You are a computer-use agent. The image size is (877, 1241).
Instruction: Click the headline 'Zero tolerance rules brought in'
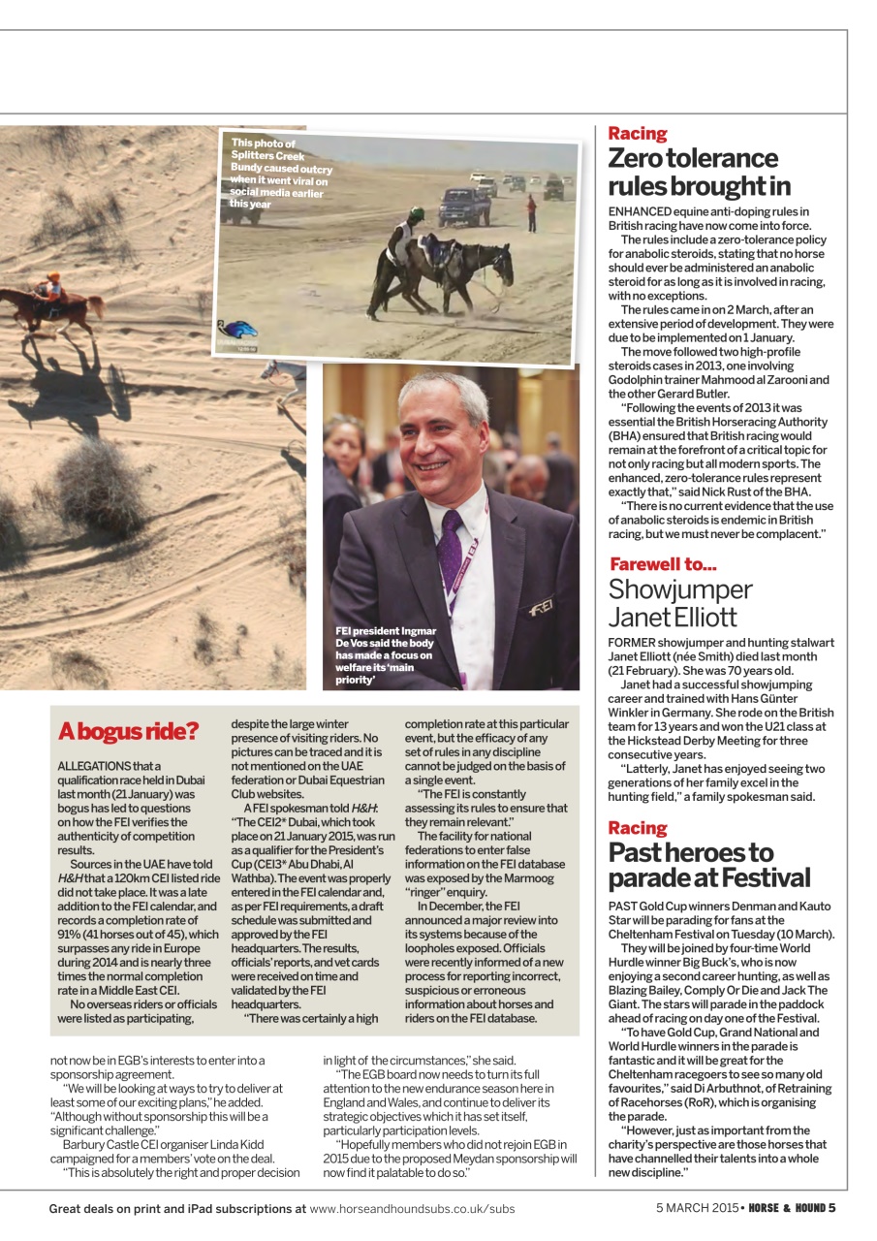[699, 172]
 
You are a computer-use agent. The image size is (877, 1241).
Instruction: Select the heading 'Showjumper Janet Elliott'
[680, 603]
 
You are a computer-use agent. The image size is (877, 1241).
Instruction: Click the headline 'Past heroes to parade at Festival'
[708, 865]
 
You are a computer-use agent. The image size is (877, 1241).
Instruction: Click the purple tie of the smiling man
[449, 552]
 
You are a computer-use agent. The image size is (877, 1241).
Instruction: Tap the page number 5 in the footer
[831, 1208]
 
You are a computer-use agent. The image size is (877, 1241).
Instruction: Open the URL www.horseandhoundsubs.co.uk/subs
[412, 1209]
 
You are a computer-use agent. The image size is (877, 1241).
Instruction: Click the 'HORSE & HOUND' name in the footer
[786, 1208]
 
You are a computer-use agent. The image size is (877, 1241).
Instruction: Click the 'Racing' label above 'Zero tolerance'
[638, 134]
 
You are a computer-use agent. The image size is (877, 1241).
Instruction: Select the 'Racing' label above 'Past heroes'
[638, 828]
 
